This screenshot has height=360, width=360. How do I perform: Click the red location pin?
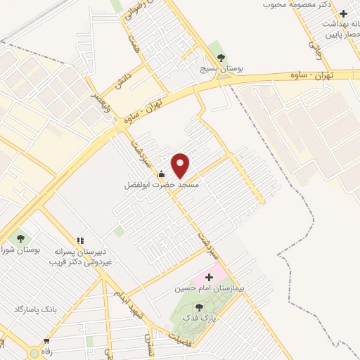181,165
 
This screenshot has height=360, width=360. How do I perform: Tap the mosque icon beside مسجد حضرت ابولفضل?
162,174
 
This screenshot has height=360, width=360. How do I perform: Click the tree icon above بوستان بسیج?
221,58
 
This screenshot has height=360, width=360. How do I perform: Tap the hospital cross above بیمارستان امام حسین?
208,278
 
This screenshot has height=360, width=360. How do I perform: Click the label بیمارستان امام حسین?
208,289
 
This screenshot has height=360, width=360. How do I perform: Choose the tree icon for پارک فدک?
199,307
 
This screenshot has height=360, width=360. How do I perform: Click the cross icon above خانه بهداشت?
343,13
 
